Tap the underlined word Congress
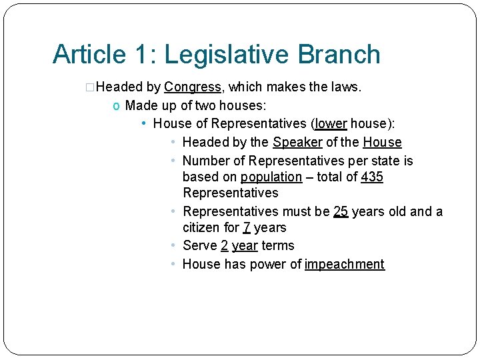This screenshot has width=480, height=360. click(x=193, y=87)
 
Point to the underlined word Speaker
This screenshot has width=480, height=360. click(x=297, y=142)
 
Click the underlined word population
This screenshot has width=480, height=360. click(x=271, y=177)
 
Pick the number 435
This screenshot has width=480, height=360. click(x=371, y=177)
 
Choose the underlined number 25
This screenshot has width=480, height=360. click(x=341, y=211)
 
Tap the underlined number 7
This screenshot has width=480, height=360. click(x=247, y=228)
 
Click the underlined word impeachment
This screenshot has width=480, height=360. click(x=344, y=264)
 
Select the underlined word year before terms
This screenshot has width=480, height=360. click(x=245, y=245)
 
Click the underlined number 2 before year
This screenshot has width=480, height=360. click(x=225, y=245)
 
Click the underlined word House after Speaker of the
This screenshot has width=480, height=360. click(x=382, y=142)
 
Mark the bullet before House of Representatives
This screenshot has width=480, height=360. click(x=145, y=123)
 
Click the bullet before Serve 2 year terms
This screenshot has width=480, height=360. click(x=173, y=245)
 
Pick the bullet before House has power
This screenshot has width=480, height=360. click(x=173, y=264)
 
